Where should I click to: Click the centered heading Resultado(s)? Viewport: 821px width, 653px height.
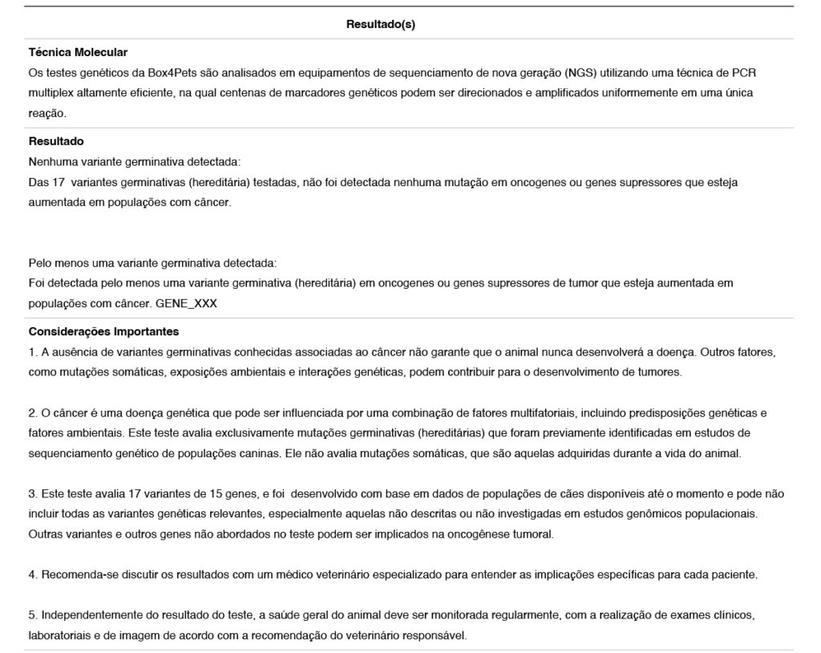(380, 24)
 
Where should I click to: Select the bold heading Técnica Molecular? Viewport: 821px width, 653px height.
(78, 52)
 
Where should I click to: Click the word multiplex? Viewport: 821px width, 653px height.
(50, 93)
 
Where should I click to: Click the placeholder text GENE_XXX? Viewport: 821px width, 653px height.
(186, 304)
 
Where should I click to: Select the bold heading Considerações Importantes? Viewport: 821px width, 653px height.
(103, 331)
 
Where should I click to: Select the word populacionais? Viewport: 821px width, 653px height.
(715, 513)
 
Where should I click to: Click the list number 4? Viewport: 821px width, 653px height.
(32, 574)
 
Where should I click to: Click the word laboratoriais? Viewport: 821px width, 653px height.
(57, 636)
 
